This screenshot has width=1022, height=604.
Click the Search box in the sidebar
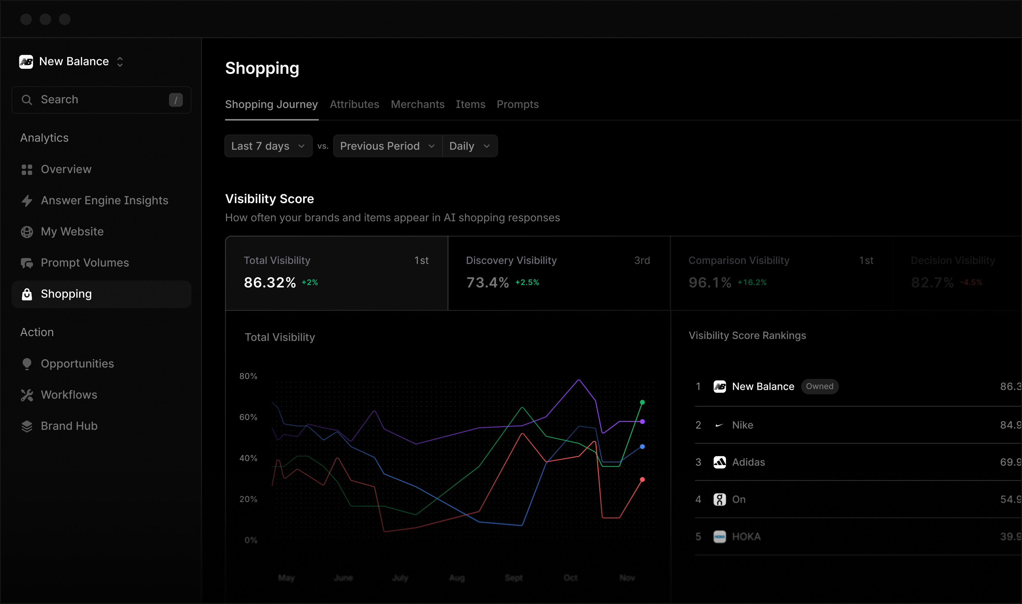101,100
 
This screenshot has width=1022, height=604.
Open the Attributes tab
354,105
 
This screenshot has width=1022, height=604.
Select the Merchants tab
417,105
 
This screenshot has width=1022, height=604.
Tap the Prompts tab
517,105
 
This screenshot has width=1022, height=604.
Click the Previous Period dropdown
387,146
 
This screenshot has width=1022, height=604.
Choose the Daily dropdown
469,146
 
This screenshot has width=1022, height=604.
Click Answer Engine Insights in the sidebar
104,200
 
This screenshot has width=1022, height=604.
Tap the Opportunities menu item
77,363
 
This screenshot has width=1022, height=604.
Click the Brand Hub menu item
69,426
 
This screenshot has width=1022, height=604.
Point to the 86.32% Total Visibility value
270,282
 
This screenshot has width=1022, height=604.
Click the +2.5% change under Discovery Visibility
527,282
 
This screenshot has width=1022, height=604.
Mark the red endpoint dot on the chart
642,480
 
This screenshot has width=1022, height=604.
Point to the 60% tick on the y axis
248,417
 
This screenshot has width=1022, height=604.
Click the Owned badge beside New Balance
819,386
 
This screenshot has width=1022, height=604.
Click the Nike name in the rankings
743,425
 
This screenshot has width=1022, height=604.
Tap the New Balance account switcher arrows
120,62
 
